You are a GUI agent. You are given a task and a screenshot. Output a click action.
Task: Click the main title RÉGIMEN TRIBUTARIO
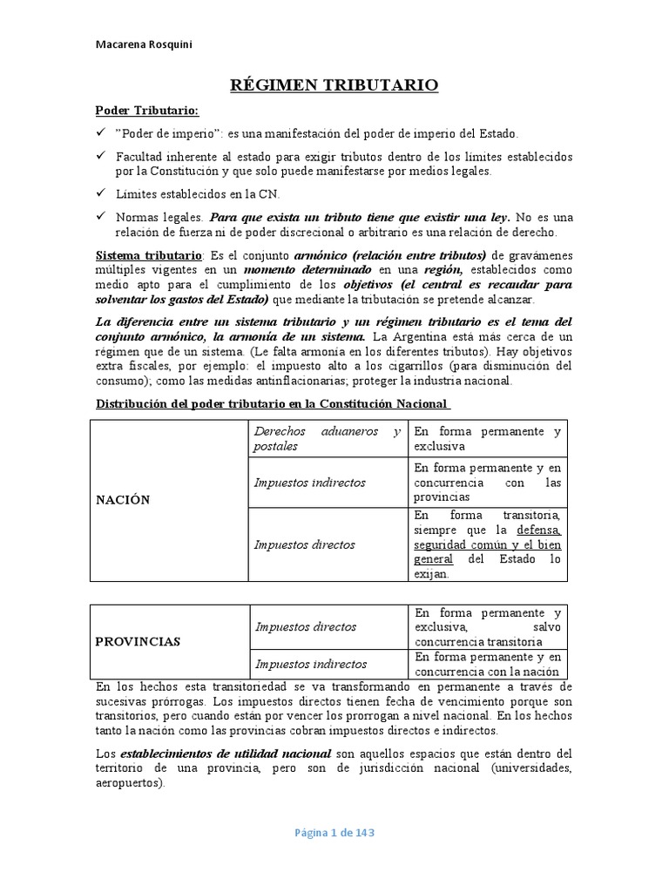coord(334,84)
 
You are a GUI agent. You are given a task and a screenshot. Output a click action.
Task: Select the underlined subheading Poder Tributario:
coord(146,111)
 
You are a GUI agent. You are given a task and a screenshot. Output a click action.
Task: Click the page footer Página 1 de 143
coord(334,833)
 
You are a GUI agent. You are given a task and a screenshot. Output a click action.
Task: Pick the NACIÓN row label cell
coord(123,499)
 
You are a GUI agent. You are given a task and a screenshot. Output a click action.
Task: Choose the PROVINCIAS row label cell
coord(137,641)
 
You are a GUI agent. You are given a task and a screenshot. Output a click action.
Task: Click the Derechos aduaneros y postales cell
coord(327,438)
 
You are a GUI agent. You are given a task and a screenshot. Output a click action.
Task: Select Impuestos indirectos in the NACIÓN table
coord(309,483)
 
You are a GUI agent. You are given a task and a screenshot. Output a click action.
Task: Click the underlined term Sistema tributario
coord(147,255)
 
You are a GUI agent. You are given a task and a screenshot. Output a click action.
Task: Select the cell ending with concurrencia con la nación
coord(488,664)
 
